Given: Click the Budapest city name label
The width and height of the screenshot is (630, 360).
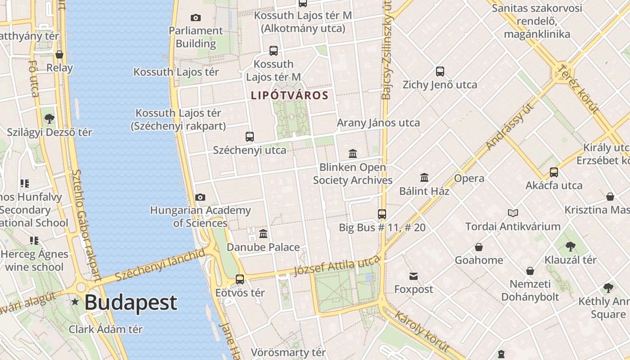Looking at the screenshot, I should click(130, 302).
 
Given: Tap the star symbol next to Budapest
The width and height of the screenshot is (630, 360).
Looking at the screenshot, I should click(75, 302).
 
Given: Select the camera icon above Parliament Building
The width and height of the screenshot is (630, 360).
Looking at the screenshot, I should click(196, 18).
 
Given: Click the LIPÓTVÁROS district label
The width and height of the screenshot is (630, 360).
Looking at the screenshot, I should click(290, 95).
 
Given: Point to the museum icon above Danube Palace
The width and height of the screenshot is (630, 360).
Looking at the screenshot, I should click(263, 234).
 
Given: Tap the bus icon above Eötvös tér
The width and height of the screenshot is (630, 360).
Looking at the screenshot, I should click(240, 279).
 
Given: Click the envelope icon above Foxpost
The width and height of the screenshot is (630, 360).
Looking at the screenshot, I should click(414, 276).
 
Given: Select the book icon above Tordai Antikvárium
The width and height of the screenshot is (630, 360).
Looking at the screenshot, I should click(513, 213).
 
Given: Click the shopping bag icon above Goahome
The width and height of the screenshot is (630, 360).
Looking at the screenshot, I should click(479, 247).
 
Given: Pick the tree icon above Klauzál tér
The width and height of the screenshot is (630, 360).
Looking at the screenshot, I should click(570, 247).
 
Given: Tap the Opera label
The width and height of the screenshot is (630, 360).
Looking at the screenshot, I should click(469, 178).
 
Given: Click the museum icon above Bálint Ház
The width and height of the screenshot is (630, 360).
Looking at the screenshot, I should click(424, 178).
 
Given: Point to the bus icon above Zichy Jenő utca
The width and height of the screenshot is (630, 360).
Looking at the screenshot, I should click(440, 72).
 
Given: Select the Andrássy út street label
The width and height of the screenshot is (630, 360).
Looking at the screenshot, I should click(510, 126).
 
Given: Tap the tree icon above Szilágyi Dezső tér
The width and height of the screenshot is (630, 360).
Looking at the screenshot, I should click(49, 119).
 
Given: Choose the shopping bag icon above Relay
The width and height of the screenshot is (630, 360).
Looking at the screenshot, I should click(59, 54).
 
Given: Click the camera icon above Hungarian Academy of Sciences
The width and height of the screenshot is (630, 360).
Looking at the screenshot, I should click(200, 197).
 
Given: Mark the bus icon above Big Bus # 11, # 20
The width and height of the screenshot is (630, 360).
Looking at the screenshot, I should click(382, 214).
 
